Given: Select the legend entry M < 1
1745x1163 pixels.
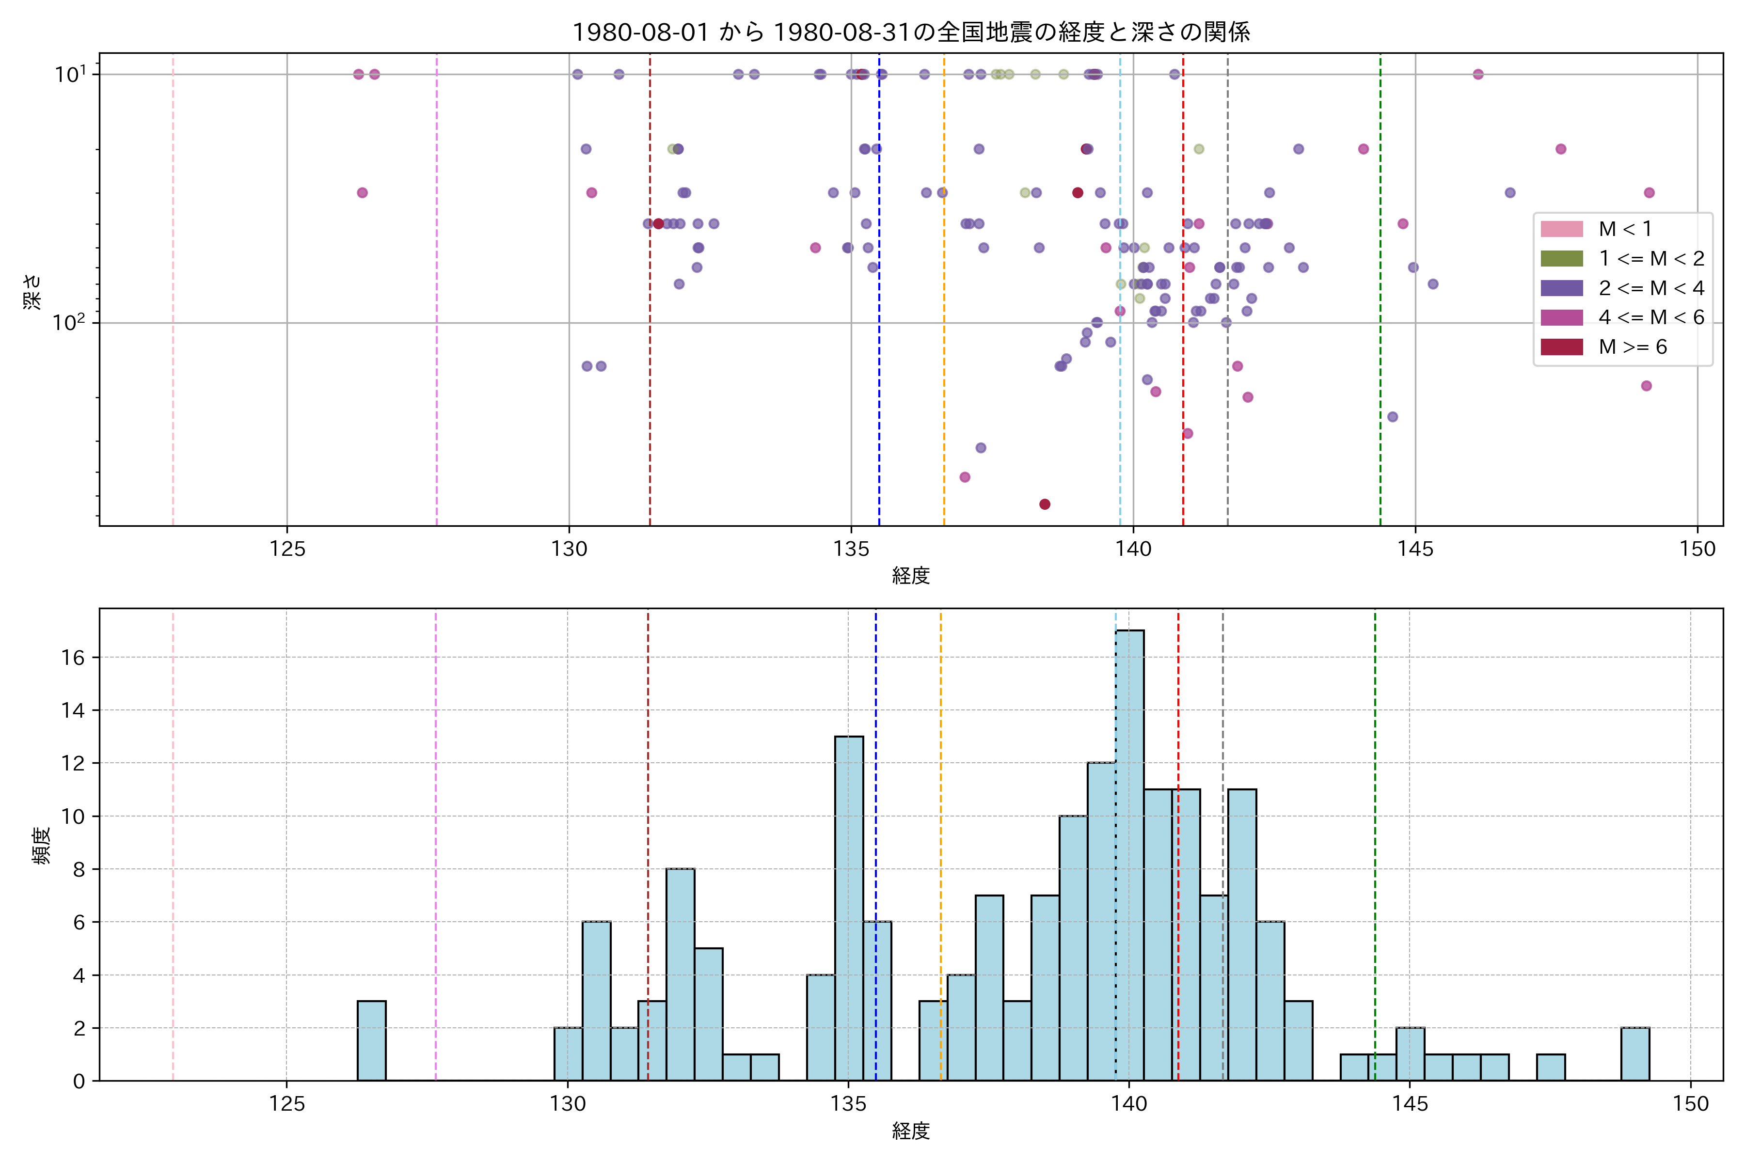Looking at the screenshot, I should click(x=1625, y=229).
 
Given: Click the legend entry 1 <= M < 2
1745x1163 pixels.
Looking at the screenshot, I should click(x=1651, y=259).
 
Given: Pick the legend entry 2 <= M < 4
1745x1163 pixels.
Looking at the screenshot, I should click(x=1651, y=288).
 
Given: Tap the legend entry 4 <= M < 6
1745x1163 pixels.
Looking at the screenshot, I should click(x=1651, y=317).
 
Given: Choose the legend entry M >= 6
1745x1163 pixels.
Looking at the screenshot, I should click(x=1632, y=347).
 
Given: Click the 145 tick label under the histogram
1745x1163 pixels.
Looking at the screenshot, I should click(x=1410, y=1104).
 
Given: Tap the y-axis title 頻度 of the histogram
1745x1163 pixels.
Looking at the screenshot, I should click(x=42, y=846).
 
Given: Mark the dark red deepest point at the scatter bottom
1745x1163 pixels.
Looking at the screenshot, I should click(x=1045, y=504).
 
